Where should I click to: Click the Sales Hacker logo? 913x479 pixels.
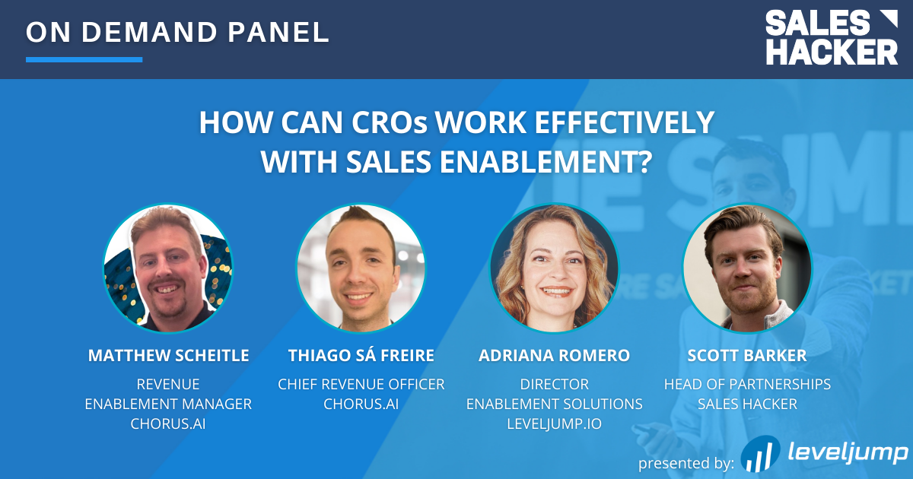[x=832, y=37]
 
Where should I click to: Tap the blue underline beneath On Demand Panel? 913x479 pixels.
[x=84, y=59]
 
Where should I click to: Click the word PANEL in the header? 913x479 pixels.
[x=278, y=32]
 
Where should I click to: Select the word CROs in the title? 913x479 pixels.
[x=390, y=122]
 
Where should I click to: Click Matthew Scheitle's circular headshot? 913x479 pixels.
[x=168, y=268]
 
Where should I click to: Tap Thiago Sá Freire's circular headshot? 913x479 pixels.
[x=361, y=268]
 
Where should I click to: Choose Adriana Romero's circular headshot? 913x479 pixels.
[x=554, y=268]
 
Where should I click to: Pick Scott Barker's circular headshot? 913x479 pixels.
[x=747, y=268]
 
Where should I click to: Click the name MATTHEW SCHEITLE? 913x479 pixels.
[x=168, y=356]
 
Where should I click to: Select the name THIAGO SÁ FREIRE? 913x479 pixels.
[x=361, y=355]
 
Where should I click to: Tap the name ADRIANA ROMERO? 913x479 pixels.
[x=555, y=356]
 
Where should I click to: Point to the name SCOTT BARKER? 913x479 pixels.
[x=747, y=356]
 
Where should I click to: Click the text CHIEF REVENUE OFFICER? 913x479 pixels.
[x=361, y=384]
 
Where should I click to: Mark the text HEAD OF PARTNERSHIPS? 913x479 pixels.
[x=747, y=384]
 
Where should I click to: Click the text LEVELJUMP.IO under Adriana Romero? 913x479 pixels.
[x=555, y=423]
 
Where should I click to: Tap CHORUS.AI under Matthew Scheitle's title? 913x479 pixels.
[x=168, y=423]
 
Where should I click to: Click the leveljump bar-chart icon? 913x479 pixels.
[x=761, y=454]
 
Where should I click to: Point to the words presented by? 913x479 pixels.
[x=686, y=464]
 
